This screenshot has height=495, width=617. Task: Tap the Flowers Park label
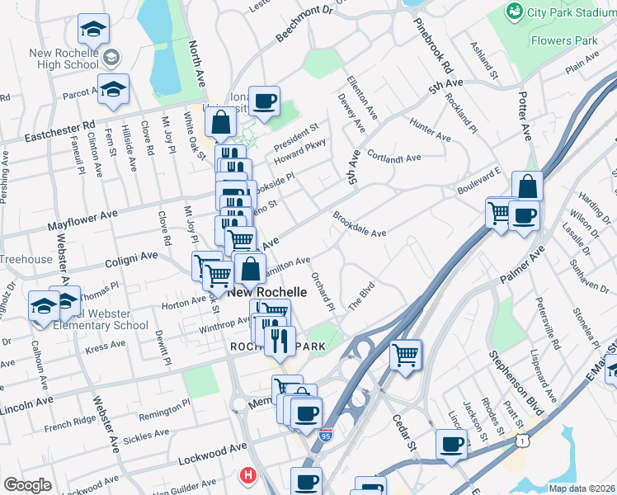563,40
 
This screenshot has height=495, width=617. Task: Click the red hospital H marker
247,475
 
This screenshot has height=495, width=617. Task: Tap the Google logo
27,485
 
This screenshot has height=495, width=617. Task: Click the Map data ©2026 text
581,489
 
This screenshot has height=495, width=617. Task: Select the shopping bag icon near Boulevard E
527,188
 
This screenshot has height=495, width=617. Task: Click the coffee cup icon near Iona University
264,102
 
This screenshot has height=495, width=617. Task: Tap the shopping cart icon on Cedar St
405,356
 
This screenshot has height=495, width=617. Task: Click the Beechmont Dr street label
303,23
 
